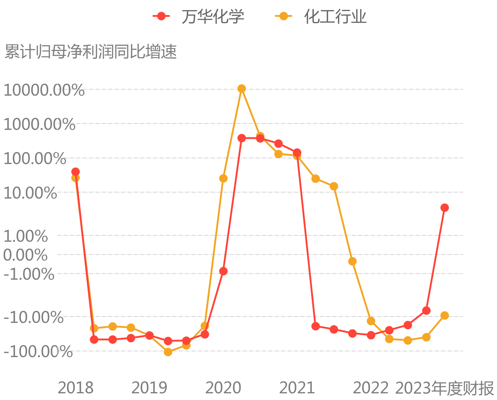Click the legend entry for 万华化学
point(199,16)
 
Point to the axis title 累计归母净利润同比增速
point(91,52)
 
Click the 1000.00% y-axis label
point(39,124)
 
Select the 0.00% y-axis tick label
point(25,255)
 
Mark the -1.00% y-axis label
point(29,274)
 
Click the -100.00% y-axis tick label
point(38,352)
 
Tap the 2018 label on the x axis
point(76,388)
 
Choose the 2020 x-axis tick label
point(223,388)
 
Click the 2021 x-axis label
point(297,388)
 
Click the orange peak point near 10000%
point(242,88)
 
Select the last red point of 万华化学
point(445,208)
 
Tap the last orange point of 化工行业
point(445,315)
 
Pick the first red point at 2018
point(75,172)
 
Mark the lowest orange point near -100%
point(168,352)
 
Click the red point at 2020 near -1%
point(223,271)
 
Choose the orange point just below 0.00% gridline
point(352,261)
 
